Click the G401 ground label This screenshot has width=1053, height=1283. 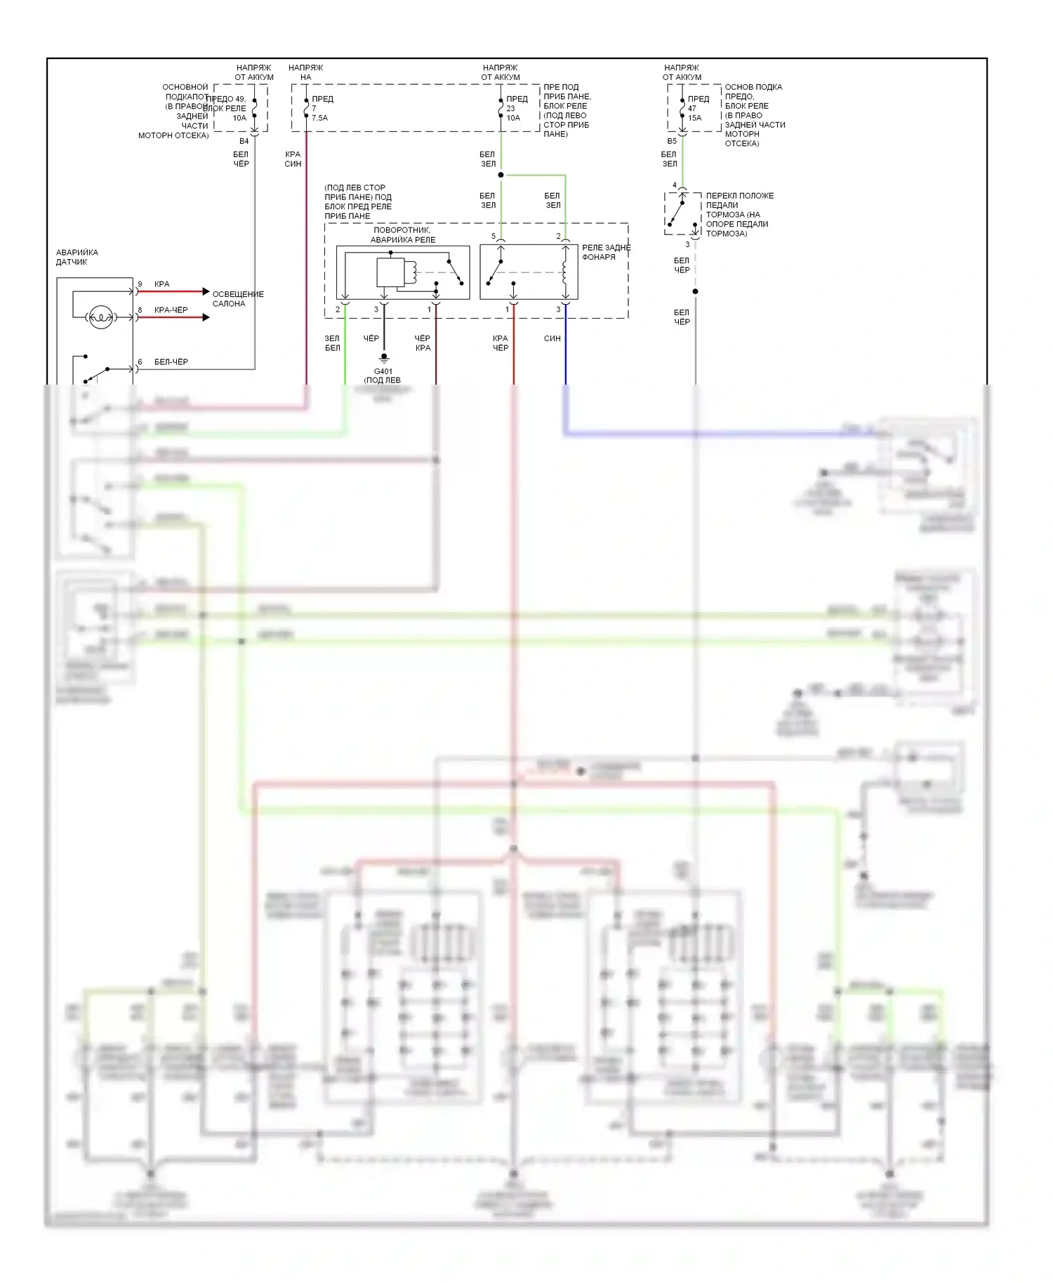(x=383, y=371)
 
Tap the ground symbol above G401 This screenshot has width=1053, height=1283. (x=383, y=358)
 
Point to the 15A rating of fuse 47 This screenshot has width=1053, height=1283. (x=694, y=118)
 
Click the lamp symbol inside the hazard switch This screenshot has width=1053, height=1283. (x=100, y=317)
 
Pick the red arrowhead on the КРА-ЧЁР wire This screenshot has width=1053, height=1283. (x=205, y=317)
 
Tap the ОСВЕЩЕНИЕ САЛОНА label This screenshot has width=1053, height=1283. (x=238, y=299)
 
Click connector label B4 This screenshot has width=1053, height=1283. (x=244, y=141)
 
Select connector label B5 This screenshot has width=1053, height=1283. (x=672, y=141)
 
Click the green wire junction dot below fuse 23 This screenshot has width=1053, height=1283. (x=501, y=175)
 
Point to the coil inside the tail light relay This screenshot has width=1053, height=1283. (x=564, y=270)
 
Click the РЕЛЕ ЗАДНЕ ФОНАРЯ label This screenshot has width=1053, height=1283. (x=606, y=252)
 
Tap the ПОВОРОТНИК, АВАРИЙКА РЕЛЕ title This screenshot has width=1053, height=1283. (x=402, y=235)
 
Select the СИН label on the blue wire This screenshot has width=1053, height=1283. (x=552, y=338)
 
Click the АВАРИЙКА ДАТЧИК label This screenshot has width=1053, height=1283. (x=77, y=257)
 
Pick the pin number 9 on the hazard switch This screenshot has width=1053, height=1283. (x=140, y=284)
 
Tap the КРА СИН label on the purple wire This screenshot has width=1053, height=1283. (x=293, y=159)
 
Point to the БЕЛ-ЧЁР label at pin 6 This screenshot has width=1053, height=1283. (x=171, y=362)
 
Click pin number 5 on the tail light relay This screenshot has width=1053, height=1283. (x=494, y=237)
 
